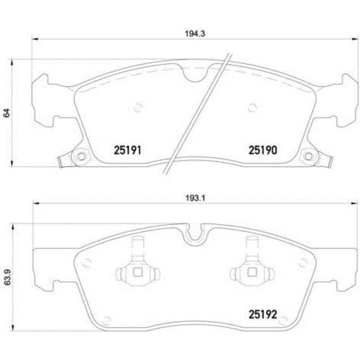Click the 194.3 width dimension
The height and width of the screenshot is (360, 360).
click(195, 34)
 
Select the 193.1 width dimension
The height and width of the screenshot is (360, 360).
click(195, 198)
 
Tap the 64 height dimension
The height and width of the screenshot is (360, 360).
click(7, 113)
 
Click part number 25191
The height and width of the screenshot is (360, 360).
click(128, 150)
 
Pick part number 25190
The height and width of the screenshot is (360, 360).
click(263, 150)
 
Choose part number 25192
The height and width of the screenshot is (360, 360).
click(263, 314)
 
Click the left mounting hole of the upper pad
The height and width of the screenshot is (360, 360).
click(81, 156)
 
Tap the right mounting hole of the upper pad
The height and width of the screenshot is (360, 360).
click(309, 156)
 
